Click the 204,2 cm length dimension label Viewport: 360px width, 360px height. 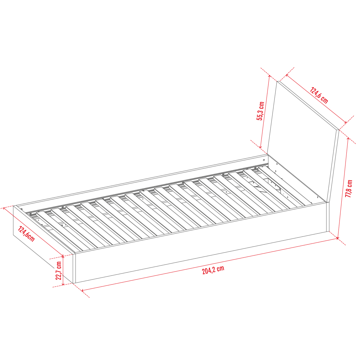tap(213, 270)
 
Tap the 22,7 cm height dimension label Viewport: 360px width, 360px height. tap(59, 270)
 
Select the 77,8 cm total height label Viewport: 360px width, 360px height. tap(349, 189)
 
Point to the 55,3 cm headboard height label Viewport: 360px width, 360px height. tap(260, 111)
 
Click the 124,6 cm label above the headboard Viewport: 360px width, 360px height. tap(319, 95)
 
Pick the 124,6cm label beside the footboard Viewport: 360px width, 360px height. tap(26, 234)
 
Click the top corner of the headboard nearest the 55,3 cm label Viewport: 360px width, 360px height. tap(277, 81)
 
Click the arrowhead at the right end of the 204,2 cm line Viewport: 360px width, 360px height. tap(337, 239)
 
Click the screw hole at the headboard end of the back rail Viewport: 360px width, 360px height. tap(264, 160)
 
